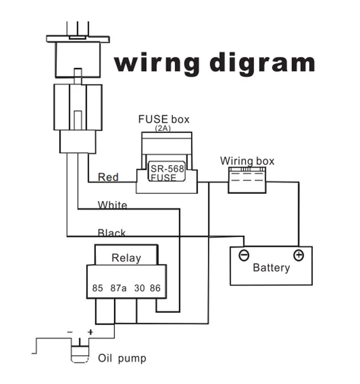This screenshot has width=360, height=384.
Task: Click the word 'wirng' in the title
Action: coord(157,63)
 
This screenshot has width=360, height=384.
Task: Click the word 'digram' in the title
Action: coord(262,63)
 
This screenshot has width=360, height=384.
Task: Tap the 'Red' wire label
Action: coord(108,177)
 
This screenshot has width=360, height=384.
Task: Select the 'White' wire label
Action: coord(112,205)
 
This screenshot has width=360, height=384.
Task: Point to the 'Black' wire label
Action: coord(112,232)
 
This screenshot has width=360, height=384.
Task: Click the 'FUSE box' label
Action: coord(164,119)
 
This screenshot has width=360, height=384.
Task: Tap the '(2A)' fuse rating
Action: coord(163,128)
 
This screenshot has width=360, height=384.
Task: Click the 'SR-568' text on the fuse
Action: coord(167,168)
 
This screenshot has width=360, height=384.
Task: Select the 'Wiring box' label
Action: coord(247,161)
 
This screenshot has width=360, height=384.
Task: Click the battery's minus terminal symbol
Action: coord(244,255)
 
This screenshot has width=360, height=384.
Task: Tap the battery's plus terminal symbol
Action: coord(299,255)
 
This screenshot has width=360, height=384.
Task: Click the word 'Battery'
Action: coord(271,268)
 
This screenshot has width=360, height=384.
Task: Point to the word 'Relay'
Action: coord(126,258)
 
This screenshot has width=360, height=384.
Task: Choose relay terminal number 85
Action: coord(97,288)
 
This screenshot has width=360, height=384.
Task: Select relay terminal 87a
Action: coord(119,288)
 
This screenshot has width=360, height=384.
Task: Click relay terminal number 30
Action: coord(140,288)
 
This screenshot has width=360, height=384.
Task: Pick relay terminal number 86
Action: coord(155,288)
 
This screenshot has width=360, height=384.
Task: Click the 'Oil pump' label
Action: coord(122,358)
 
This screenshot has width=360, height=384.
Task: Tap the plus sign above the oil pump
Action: coord(90,332)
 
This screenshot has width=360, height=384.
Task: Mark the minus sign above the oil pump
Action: coord(70,332)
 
